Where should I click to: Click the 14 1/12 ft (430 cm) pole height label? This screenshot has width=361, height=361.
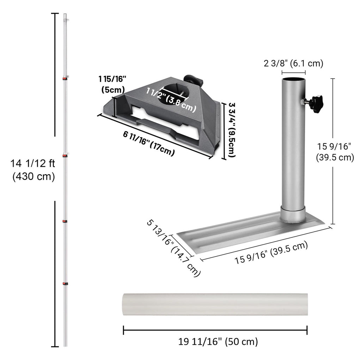(33, 170)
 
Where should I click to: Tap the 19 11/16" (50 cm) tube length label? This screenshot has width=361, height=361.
(218, 341)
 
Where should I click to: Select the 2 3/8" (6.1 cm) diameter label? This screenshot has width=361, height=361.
(293, 63)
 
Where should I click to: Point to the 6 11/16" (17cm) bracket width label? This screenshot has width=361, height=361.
(149, 143)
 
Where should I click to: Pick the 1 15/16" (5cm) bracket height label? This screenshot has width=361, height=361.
(112, 84)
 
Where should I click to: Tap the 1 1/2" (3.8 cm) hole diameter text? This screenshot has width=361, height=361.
(171, 100)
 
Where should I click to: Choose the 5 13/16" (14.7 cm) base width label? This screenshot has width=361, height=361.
(173, 248)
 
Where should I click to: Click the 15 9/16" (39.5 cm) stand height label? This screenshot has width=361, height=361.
(335, 152)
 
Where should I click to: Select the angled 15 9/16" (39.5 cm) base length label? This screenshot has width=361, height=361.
(271, 252)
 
